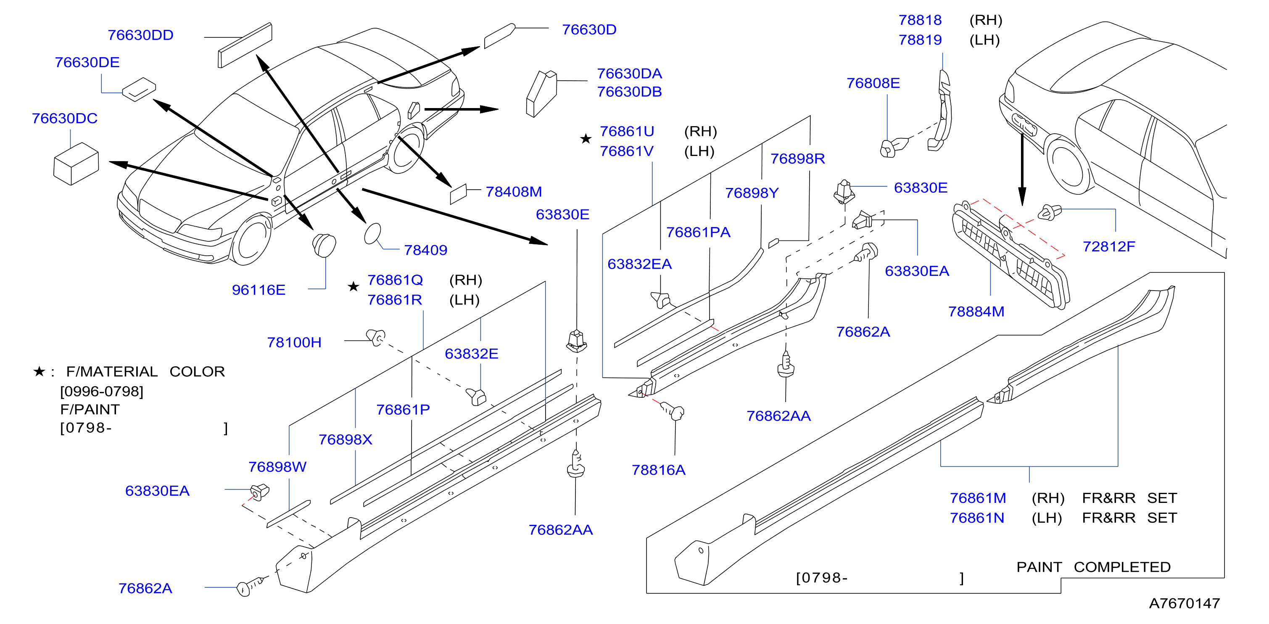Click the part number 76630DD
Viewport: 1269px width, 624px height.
tap(140, 35)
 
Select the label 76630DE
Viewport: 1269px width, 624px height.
tap(87, 62)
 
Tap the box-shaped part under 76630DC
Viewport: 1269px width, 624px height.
tap(76, 164)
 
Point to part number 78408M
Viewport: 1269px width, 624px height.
tap(514, 191)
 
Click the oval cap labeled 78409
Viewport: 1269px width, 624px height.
tap(372, 234)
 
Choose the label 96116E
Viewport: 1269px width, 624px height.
tap(259, 289)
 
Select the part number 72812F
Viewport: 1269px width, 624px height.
tap(1108, 246)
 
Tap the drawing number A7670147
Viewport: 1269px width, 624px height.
tap(1184, 603)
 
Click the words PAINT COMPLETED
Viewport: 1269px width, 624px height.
tap(1093, 567)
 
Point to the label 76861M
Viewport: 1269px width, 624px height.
tap(978, 498)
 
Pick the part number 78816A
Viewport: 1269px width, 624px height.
tap(659, 470)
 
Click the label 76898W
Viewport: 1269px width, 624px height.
tap(277, 466)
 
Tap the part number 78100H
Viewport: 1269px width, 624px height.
tap(294, 342)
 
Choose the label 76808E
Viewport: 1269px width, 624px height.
tap(873, 83)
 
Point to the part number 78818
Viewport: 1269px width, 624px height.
tap(920, 20)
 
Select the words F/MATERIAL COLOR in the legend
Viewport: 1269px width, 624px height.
tap(145, 371)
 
